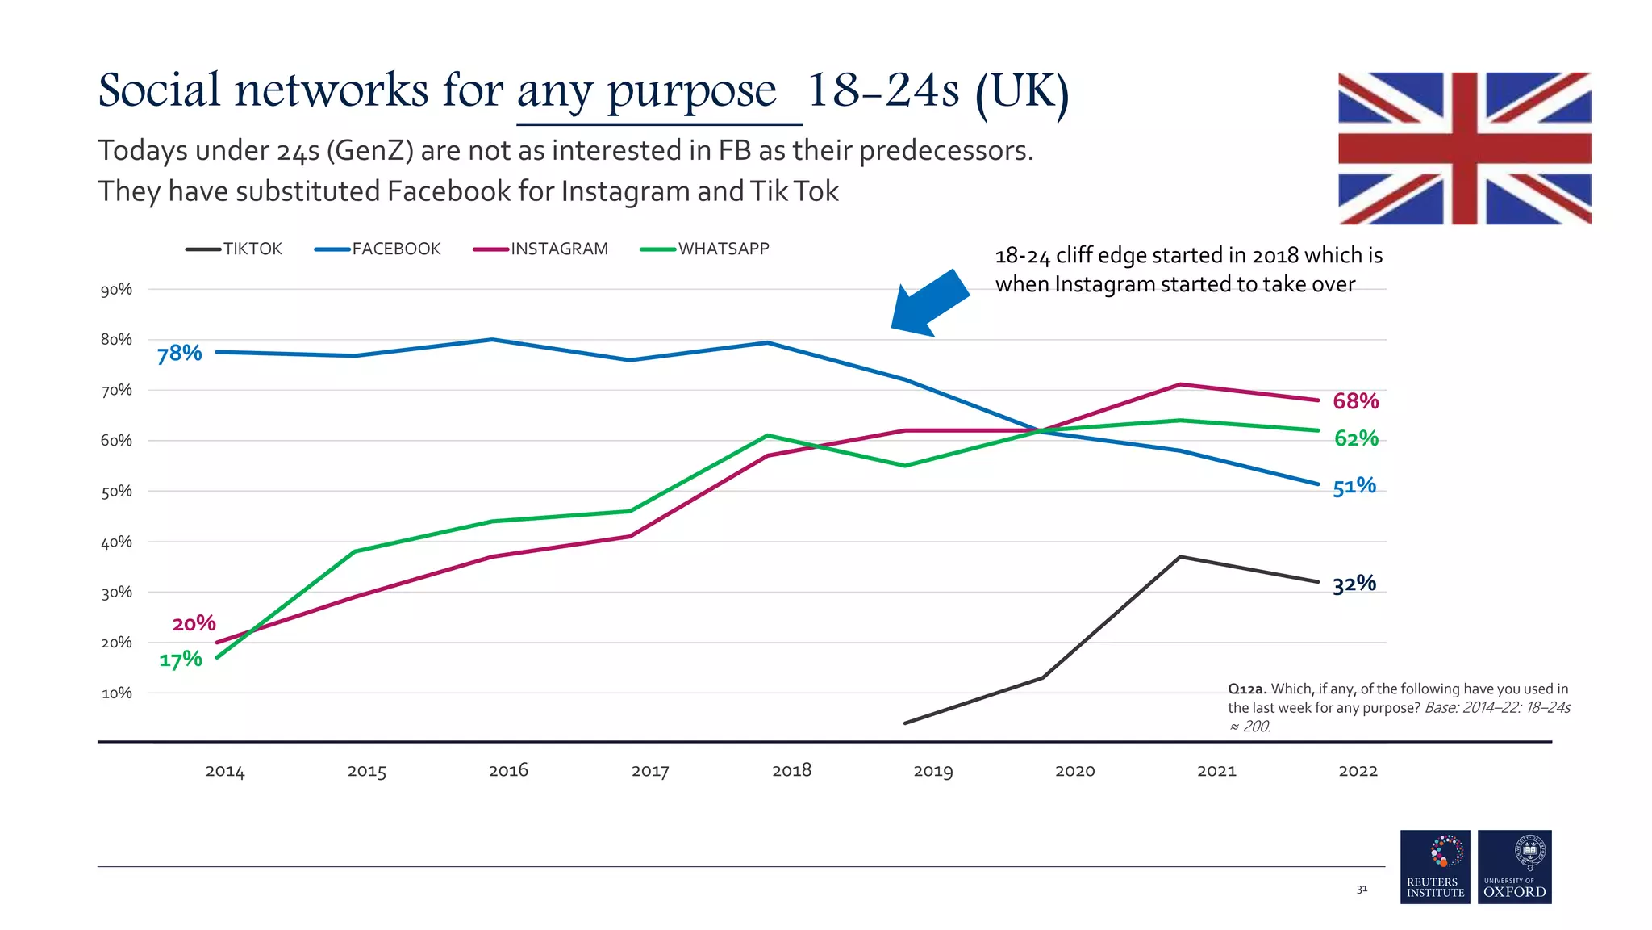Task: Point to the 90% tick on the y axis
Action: pos(116,290)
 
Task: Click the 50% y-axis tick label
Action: pos(116,492)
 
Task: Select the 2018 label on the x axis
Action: pos(791,770)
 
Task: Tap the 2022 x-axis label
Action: pos(1358,770)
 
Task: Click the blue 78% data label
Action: pos(179,354)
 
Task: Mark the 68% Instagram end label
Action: pos(1355,401)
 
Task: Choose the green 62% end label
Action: pos(1355,438)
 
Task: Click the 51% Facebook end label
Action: pos(1354,486)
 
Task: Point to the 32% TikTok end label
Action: pos(1354,584)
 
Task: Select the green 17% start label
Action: pos(180,660)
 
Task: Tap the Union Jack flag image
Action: pos(1464,149)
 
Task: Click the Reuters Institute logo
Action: pos(1435,866)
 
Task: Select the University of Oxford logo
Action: pos(1514,866)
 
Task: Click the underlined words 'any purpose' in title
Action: pos(647,90)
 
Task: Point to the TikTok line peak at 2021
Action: pos(1180,557)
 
